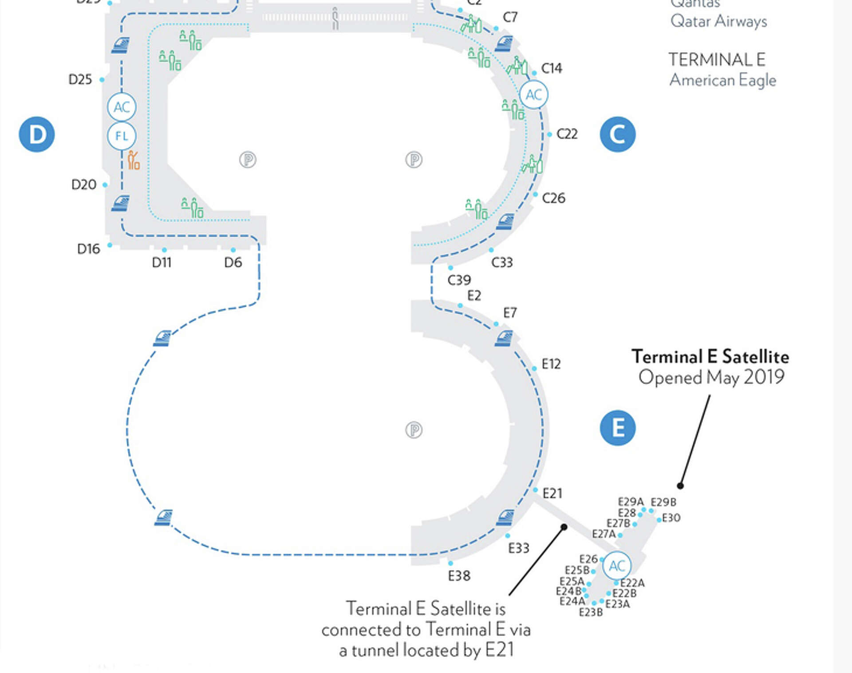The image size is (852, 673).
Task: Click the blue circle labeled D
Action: click(x=37, y=134)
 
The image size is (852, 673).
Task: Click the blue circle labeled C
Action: click(x=617, y=134)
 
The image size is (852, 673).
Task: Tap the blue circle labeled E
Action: click(x=617, y=428)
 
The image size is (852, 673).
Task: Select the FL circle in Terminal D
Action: click(x=122, y=136)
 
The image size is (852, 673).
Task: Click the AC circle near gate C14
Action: click(x=533, y=94)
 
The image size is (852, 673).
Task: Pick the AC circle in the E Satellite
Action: click(x=617, y=566)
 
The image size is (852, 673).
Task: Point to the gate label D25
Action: click(x=80, y=80)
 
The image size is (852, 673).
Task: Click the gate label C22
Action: click(x=567, y=134)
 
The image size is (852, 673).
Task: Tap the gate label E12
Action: click(x=551, y=364)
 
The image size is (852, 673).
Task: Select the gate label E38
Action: click(x=459, y=576)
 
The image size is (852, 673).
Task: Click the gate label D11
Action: click(x=162, y=262)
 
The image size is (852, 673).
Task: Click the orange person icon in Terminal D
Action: click(x=133, y=160)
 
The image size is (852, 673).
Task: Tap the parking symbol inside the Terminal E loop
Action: click(x=414, y=430)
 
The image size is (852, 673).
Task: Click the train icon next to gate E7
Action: click(x=504, y=338)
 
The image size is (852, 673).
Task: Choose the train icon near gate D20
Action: click(x=120, y=203)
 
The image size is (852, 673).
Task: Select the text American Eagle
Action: click(x=722, y=80)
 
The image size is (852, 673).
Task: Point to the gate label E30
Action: click(x=671, y=518)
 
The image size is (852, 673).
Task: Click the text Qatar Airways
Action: click(x=718, y=21)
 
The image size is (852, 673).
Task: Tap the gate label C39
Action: click(x=459, y=280)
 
